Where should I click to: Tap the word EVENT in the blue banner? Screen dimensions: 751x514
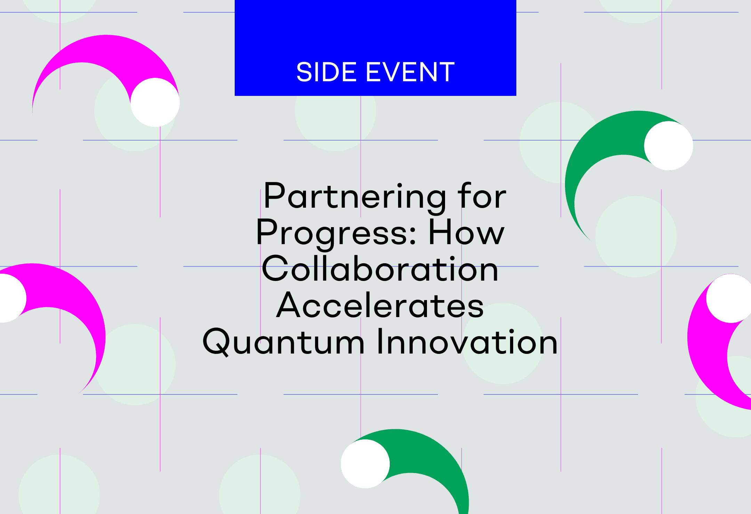pyautogui.click(x=410, y=72)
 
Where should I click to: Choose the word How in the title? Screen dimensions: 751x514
pyautogui.click(x=466, y=232)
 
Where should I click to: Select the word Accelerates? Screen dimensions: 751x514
pyautogui.click(x=380, y=305)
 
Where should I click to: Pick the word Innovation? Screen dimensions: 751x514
pyautogui.click(x=467, y=341)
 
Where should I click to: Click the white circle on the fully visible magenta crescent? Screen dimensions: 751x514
pyautogui.click(x=155, y=102)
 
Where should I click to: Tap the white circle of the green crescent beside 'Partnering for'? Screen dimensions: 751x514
pyautogui.click(x=669, y=146)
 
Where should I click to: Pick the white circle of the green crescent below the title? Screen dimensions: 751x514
pyautogui.click(x=365, y=464)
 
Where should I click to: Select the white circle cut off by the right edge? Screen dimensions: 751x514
pyautogui.click(x=729, y=298)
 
